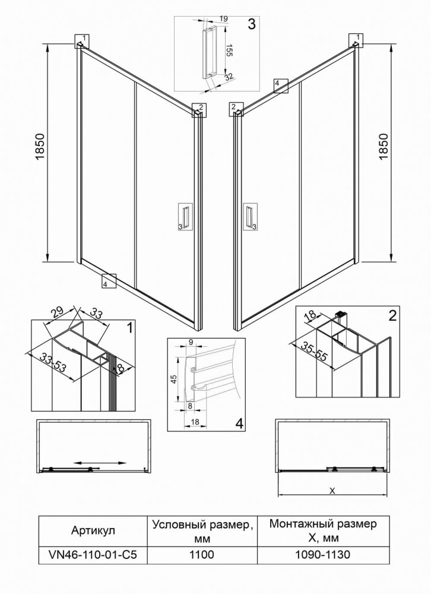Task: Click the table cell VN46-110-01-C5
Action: [x=93, y=555]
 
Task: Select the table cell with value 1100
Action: [x=202, y=555]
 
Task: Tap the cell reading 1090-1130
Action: [x=323, y=555]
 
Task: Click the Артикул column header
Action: [x=93, y=530]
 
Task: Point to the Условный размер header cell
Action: [x=202, y=530]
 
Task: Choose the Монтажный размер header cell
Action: [x=323, y=530]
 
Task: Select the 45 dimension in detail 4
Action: [x=174, y=379]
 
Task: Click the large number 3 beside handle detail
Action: [x=251, y=24]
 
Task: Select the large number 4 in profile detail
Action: [x=239, y=423]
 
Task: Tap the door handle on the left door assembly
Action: [x=185, y=217]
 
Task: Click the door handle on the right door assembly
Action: [x=249, y=217]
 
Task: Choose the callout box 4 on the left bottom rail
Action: [x=109, y=281]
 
